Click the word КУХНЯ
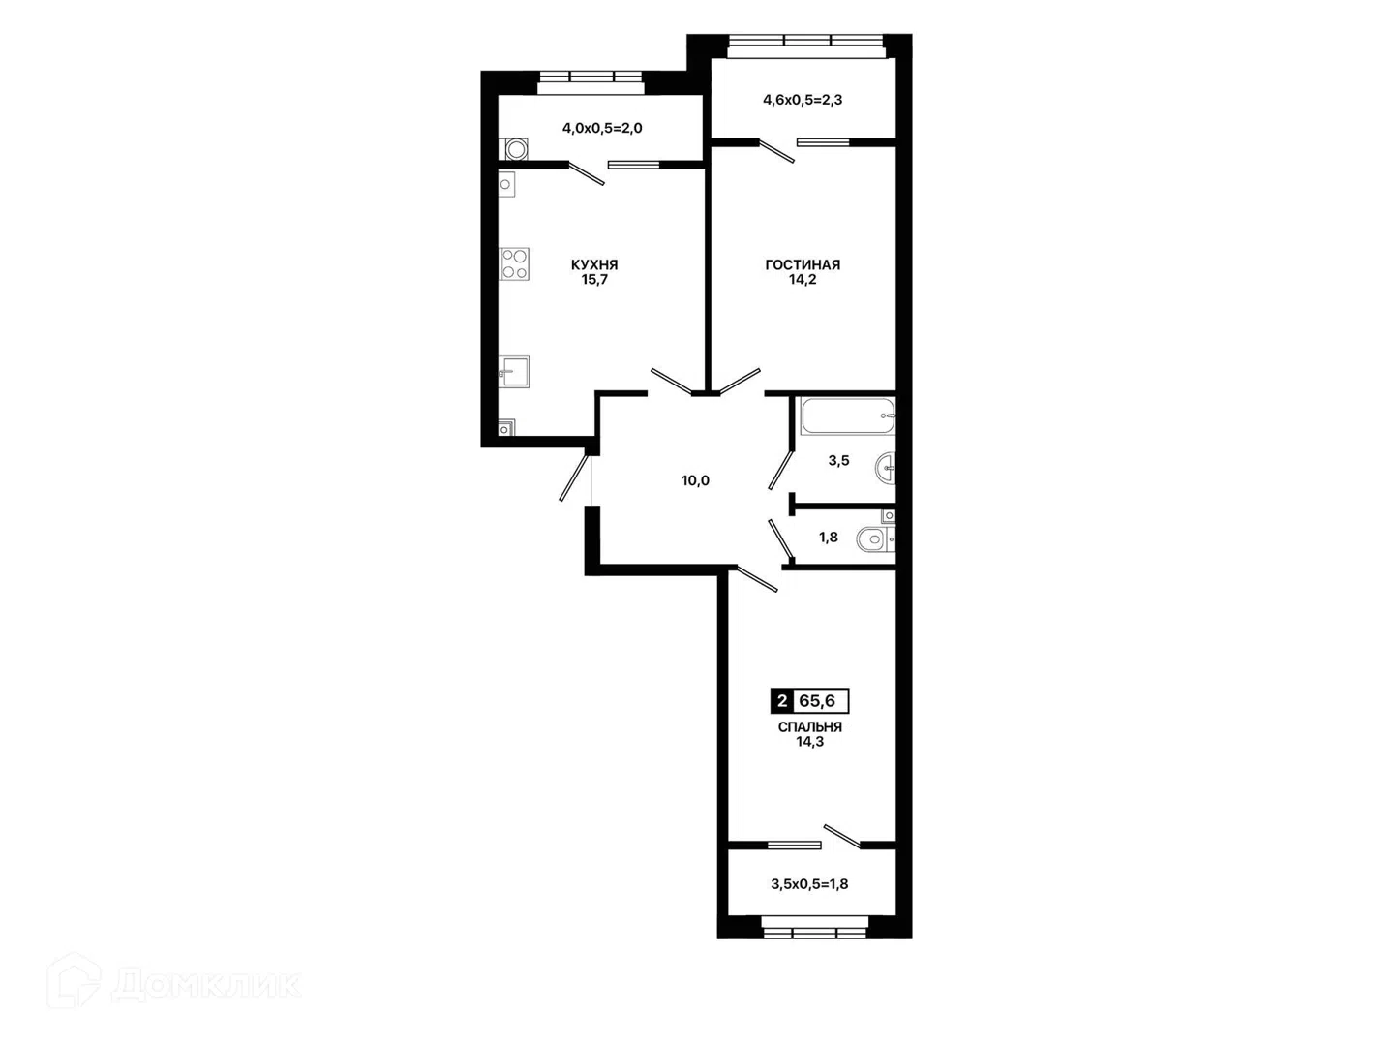[593, 264]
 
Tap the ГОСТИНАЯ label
[803, 264]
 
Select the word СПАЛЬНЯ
[809, 727]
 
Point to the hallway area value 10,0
[695, 480]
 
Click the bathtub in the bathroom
[848, 416]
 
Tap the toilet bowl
[874, 539]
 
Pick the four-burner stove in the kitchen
[514, 264]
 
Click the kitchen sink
[514, 372]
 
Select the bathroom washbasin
[886, 469]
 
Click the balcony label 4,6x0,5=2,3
[803, 100]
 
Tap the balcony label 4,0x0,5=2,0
[602, 128]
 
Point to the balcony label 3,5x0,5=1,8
[809, 884]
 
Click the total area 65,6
[817, 701]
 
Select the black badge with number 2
[782, 701]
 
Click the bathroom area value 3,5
[838, 461]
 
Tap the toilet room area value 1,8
[828, 538]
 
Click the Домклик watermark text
[206, 985]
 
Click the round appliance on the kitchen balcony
[516, 150]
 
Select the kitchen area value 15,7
[594, 280]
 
